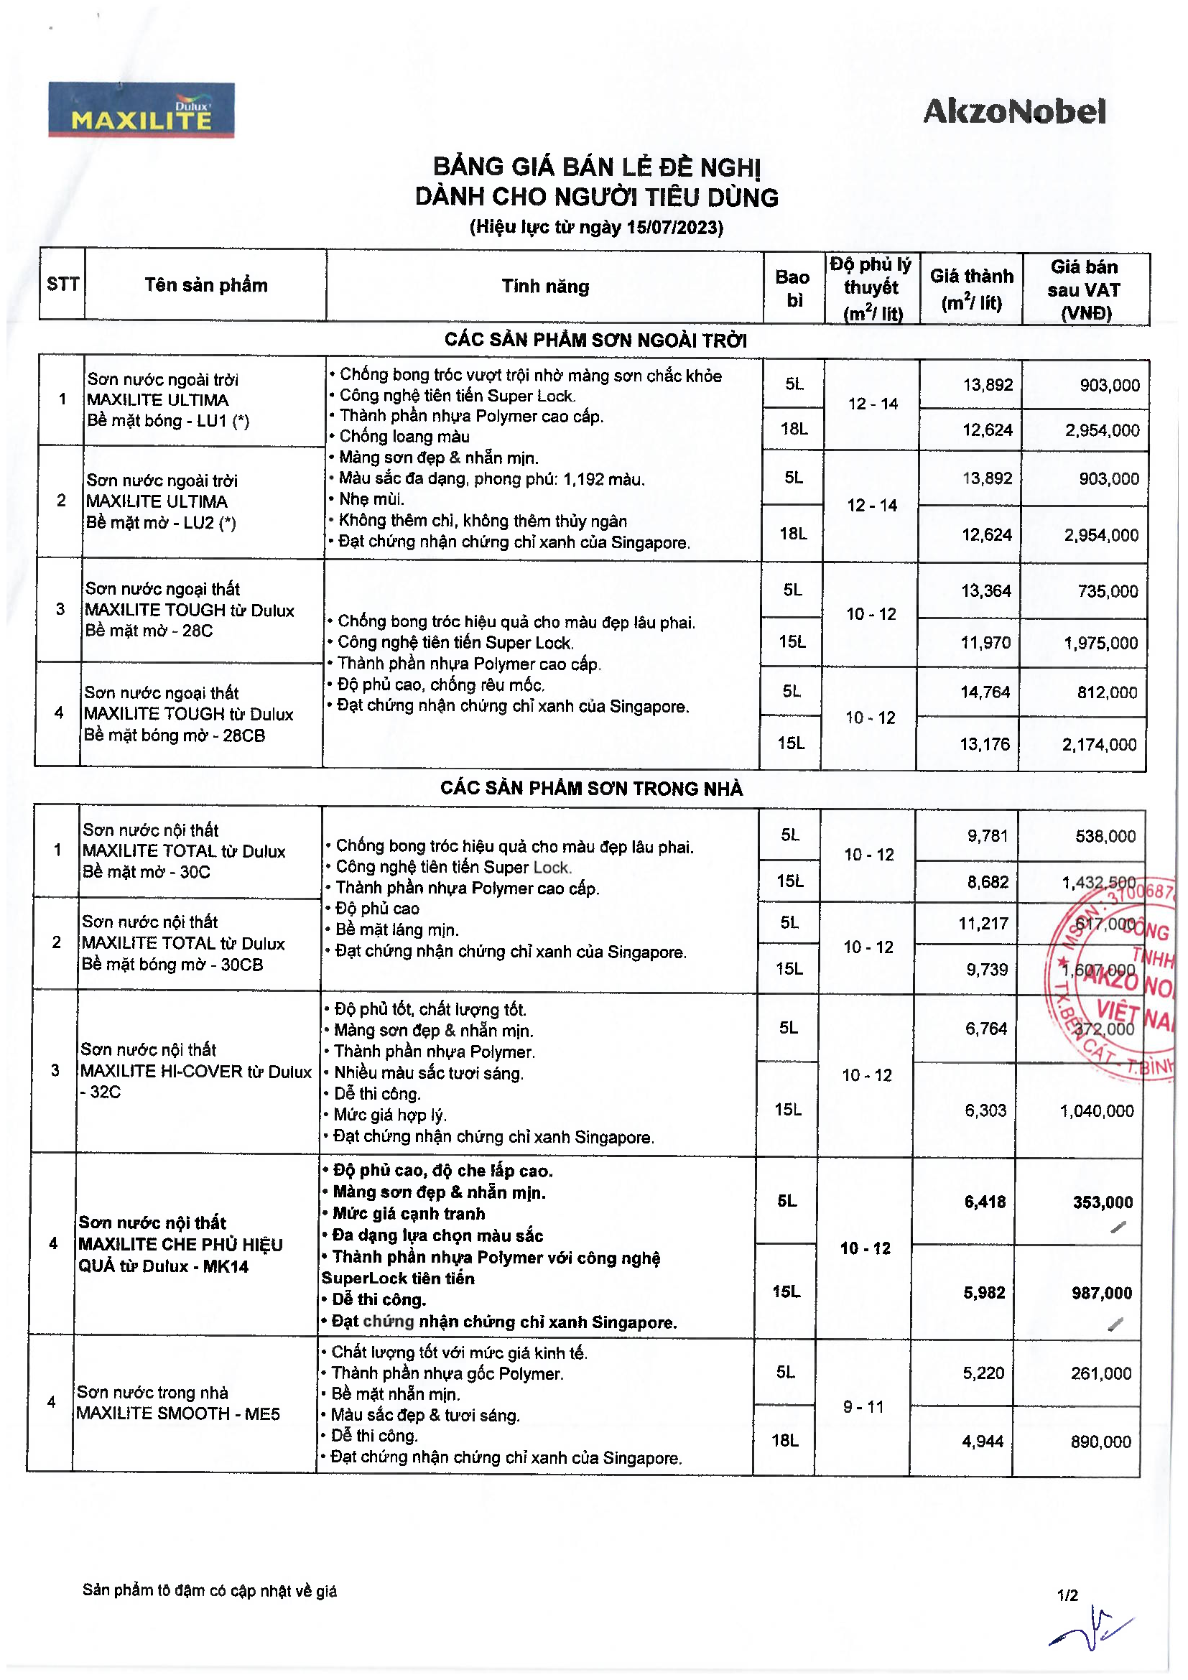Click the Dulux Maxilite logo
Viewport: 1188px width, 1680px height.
(x=141, y=111)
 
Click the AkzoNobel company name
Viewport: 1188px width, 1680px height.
(x=1014, y=112)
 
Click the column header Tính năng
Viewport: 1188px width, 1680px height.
(x=545, y=287)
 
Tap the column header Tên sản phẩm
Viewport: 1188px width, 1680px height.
(x=205, y=285)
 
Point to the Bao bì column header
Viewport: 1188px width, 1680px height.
(x=793, y=288)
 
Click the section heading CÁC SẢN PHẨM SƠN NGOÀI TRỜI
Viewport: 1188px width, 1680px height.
(x=595, y=340)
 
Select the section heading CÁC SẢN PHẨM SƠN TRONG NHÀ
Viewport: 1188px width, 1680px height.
(x=591, y=789)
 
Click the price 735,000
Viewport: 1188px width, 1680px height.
(x=1108, y=591)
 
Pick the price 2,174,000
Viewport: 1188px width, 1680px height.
(x=1099, y=745)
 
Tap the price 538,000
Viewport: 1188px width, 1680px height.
(x=1105, y=836)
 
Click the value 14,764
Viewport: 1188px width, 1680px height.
(x=985, y=692)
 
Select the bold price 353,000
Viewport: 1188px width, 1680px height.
(x=1103, y=1202)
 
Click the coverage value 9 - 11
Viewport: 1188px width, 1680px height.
(x=863, y=1407)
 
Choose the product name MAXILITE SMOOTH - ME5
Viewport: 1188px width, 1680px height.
(x=177, y=1414)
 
